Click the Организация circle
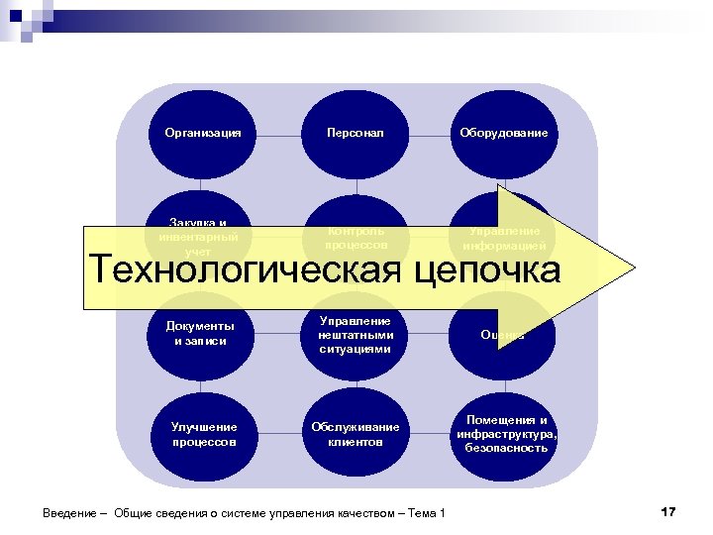click(202, 133)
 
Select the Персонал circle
click(356, 133)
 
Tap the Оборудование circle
click(503, 133)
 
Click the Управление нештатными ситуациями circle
click(356, 334)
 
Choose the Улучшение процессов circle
click(202, 434)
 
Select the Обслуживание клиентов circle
click(356, 434)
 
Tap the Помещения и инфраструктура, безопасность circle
click(503, 434)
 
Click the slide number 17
click(666, 511)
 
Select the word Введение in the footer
click(69, 513)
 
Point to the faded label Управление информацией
click(503, 237)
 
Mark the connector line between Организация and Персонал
click(279, 133)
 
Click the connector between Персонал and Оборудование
click(431, 133)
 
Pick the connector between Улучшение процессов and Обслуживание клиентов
click(279, 434)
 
